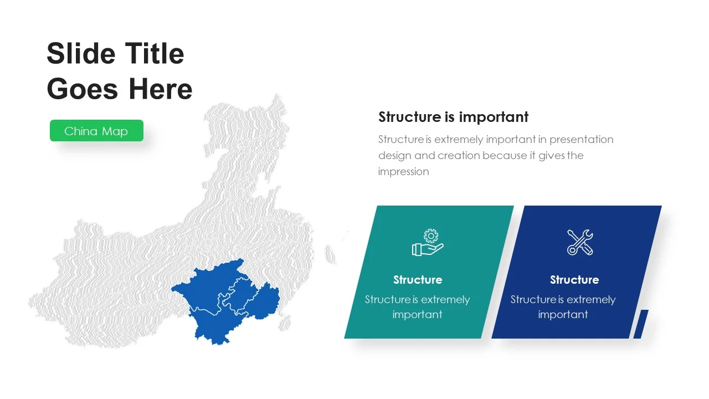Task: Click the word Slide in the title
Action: click(81, 54)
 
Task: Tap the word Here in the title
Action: click(161, 89)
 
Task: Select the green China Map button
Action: click(96, 130)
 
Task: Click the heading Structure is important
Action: click(453, 117)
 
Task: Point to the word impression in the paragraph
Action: click(404, 172)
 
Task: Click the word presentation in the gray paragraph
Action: click(582, 140)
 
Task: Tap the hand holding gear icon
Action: click(428, 242)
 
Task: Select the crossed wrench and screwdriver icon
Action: click(580, 242)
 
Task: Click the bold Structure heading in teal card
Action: click(418, 280)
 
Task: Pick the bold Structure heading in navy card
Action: click(574, 280)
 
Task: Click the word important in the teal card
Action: click(417, 314)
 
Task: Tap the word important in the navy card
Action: click(563, 314)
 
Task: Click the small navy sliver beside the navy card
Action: click(641, 324)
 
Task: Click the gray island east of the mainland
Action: click(330, 254)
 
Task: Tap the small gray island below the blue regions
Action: click(285, 323)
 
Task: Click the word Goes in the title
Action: click(83, 89)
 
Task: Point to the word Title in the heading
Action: click(155, 54)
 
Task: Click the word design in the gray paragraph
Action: click(395, 156)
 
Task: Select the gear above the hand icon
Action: click(431, 236)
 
